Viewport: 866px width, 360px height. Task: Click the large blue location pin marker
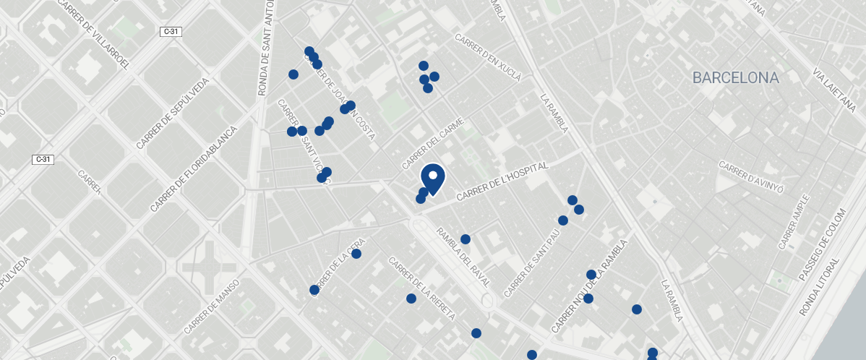(432, 179)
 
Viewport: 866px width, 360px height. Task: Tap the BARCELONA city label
(735, 78)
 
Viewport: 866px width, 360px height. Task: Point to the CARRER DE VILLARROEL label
(92, 35)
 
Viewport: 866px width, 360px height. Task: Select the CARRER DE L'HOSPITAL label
(503, 181)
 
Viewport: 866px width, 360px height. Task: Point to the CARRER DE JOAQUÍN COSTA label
(346, 98)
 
